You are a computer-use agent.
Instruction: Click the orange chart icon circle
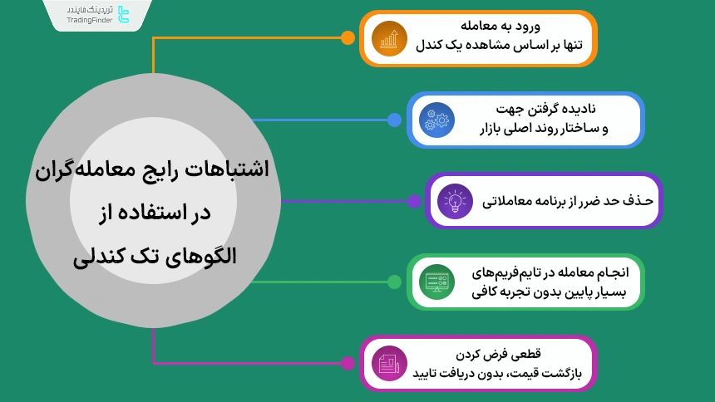[389, 38]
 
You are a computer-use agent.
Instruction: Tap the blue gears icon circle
[436, 120]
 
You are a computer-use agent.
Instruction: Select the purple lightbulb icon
[455, 201]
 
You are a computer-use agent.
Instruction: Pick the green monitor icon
[436, 282]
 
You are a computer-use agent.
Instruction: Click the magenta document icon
[389, 363]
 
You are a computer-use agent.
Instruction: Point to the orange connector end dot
[348, 37]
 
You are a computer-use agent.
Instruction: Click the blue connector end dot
[394, 120]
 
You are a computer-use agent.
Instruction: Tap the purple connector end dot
[413, 201]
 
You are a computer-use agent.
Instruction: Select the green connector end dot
[394, 282]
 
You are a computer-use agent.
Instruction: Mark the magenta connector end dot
[348, 363]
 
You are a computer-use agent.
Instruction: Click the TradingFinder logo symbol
[124, 14]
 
